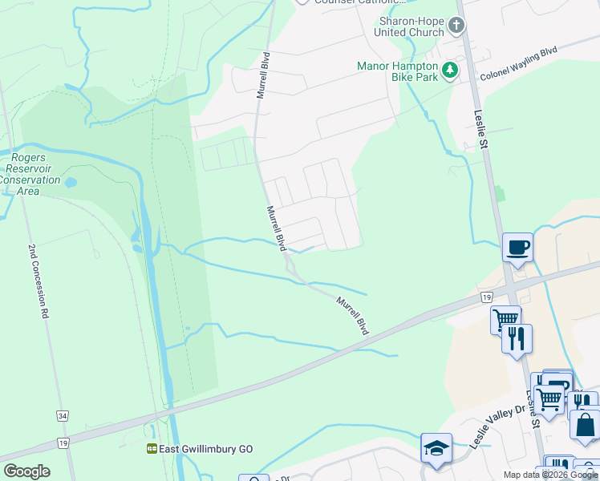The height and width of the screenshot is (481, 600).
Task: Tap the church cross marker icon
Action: click(456, 26)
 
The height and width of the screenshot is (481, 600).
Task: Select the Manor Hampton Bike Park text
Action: click(398, 71)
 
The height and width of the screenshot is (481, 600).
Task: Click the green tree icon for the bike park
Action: click(451, 71)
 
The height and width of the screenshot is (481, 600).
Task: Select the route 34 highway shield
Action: click(62, 416)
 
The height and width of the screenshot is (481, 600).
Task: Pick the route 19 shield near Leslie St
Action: click(486, 297)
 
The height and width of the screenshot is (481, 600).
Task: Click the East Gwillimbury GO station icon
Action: click(151, 450)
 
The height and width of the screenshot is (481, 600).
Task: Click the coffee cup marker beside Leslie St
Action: click(517, 247)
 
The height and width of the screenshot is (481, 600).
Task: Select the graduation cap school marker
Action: click(436, 447)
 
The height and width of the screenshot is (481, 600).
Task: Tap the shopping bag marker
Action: click(585, 425)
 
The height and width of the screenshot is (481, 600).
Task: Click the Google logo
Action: click(26, 471)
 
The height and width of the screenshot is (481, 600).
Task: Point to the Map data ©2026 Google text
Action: click(549, 475)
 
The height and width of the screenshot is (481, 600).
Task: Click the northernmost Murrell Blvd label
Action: click(261, 76)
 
